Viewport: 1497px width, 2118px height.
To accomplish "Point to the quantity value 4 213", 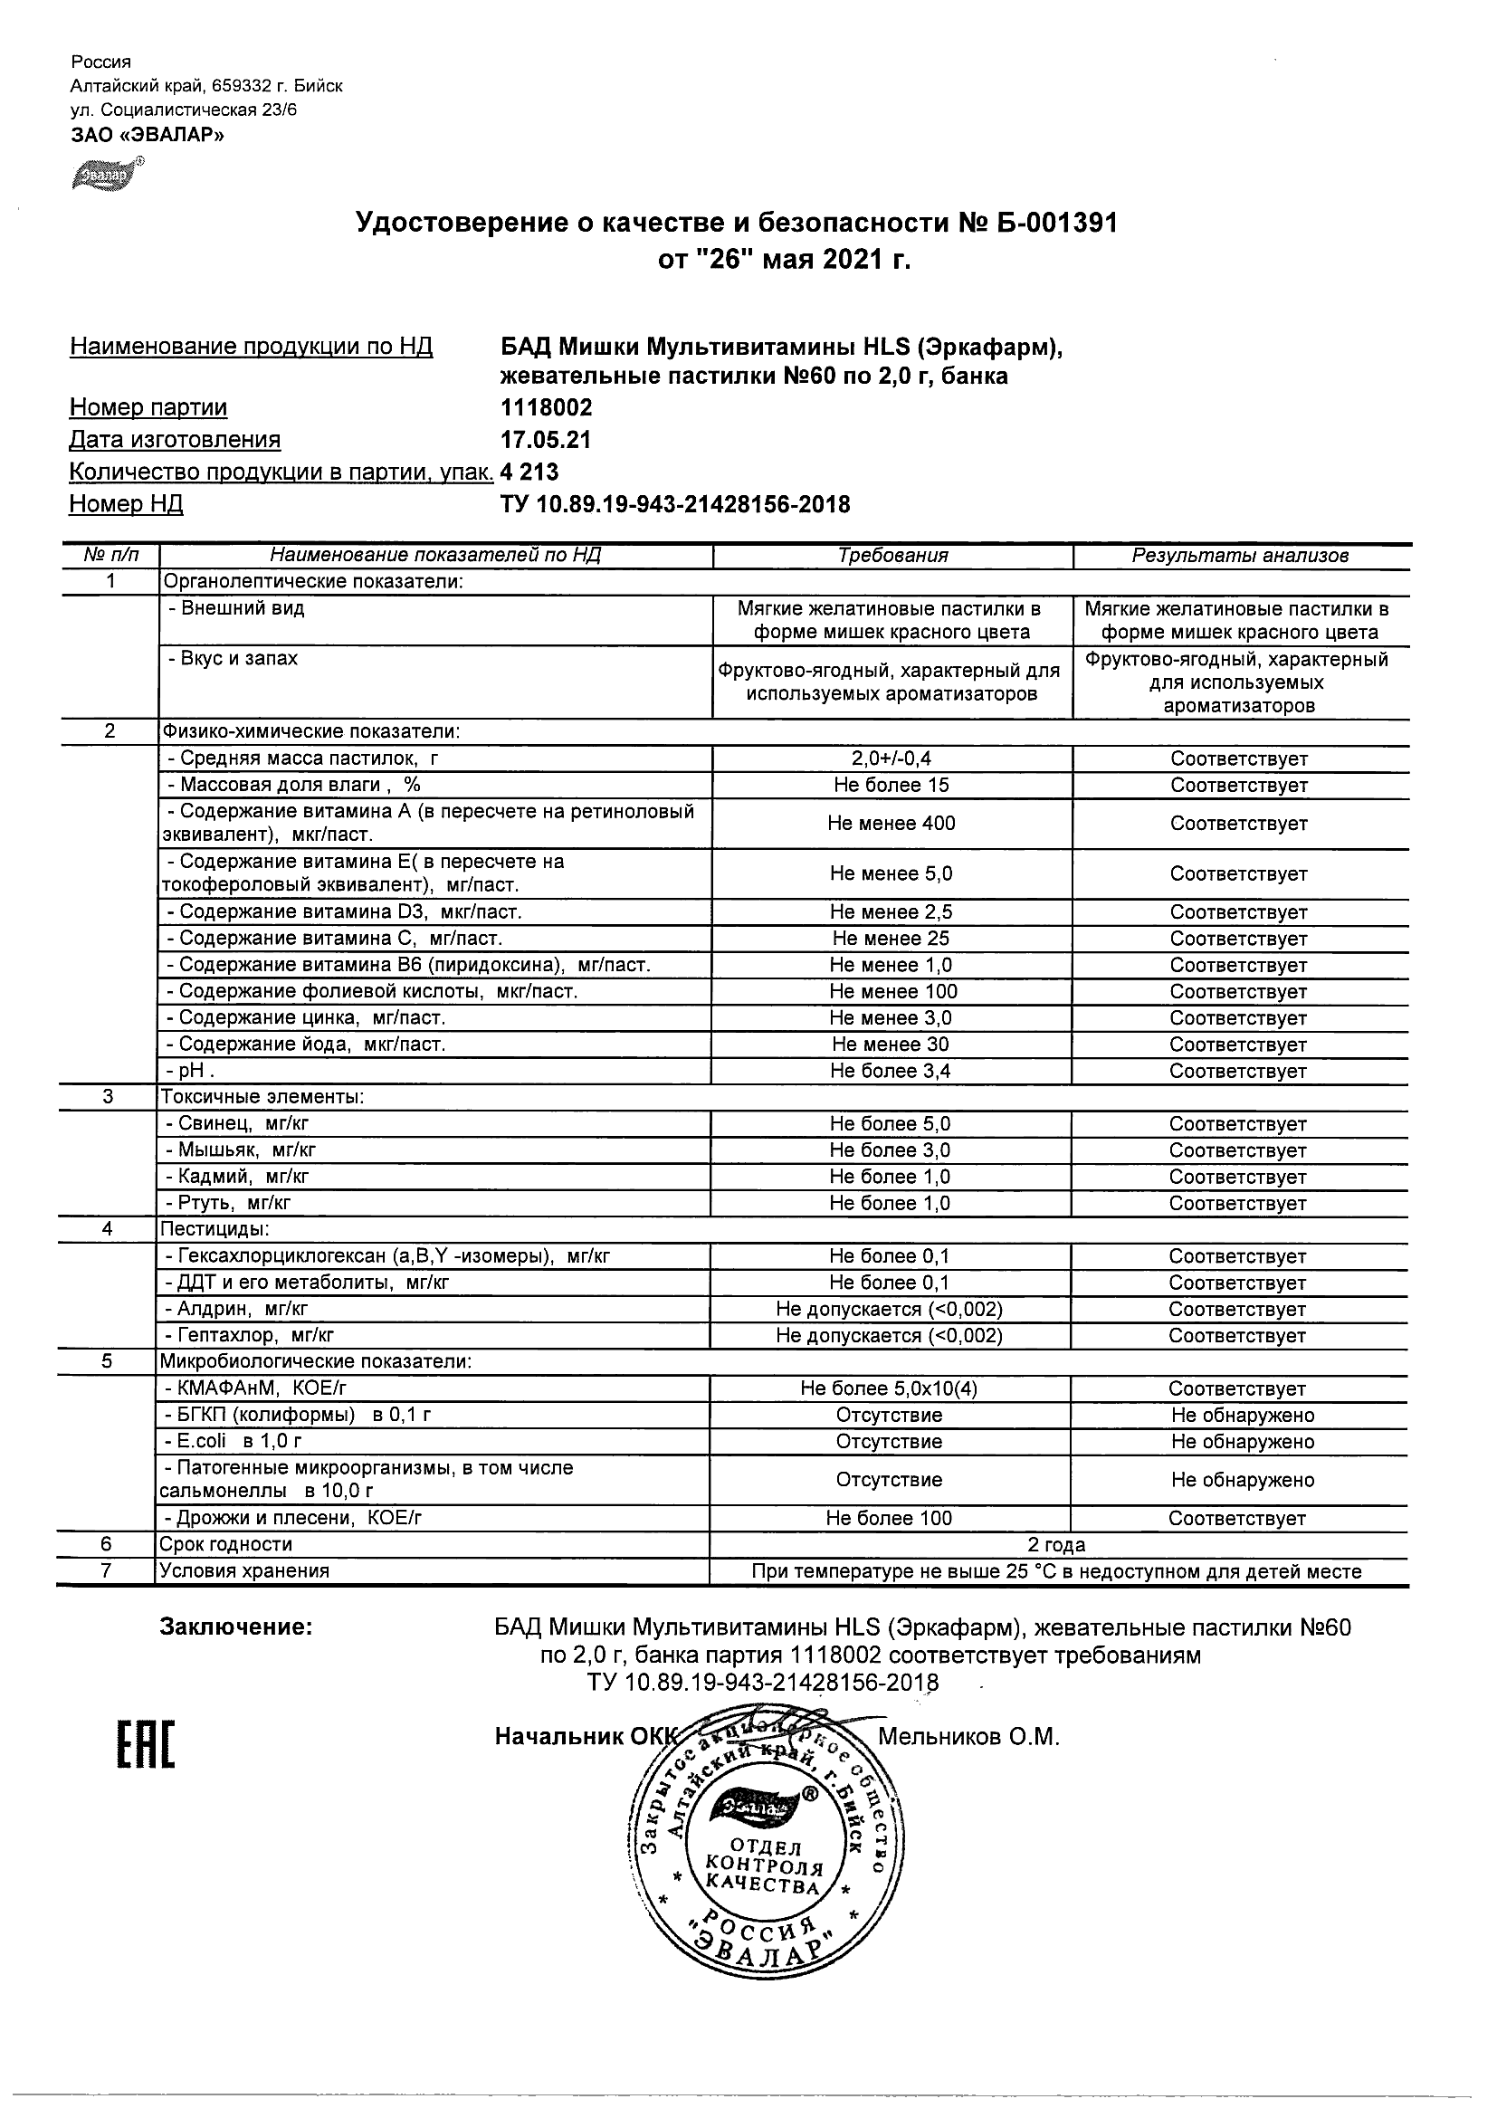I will point(529,472).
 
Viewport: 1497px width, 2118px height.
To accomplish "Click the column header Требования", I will point(892,556).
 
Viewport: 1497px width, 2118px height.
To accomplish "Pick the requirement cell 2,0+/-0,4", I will point(891,759).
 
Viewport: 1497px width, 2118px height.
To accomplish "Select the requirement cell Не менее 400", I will point(891,824).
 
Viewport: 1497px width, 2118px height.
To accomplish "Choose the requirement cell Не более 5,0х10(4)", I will point(889,1389).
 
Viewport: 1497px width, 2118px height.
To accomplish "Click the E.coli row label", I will point(234,1442).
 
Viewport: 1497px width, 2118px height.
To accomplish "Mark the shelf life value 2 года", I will point(1056,1545).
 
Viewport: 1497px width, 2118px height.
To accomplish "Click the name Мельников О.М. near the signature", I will point(968,1738).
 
